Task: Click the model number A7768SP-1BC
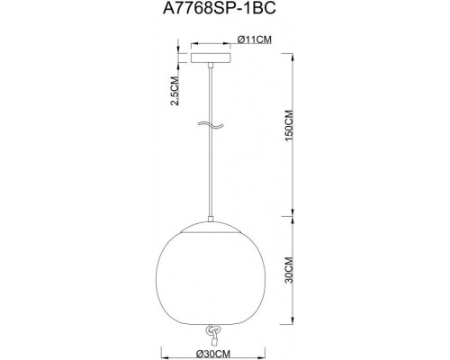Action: tap(225, 12)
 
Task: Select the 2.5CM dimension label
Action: tap(176, 93)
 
